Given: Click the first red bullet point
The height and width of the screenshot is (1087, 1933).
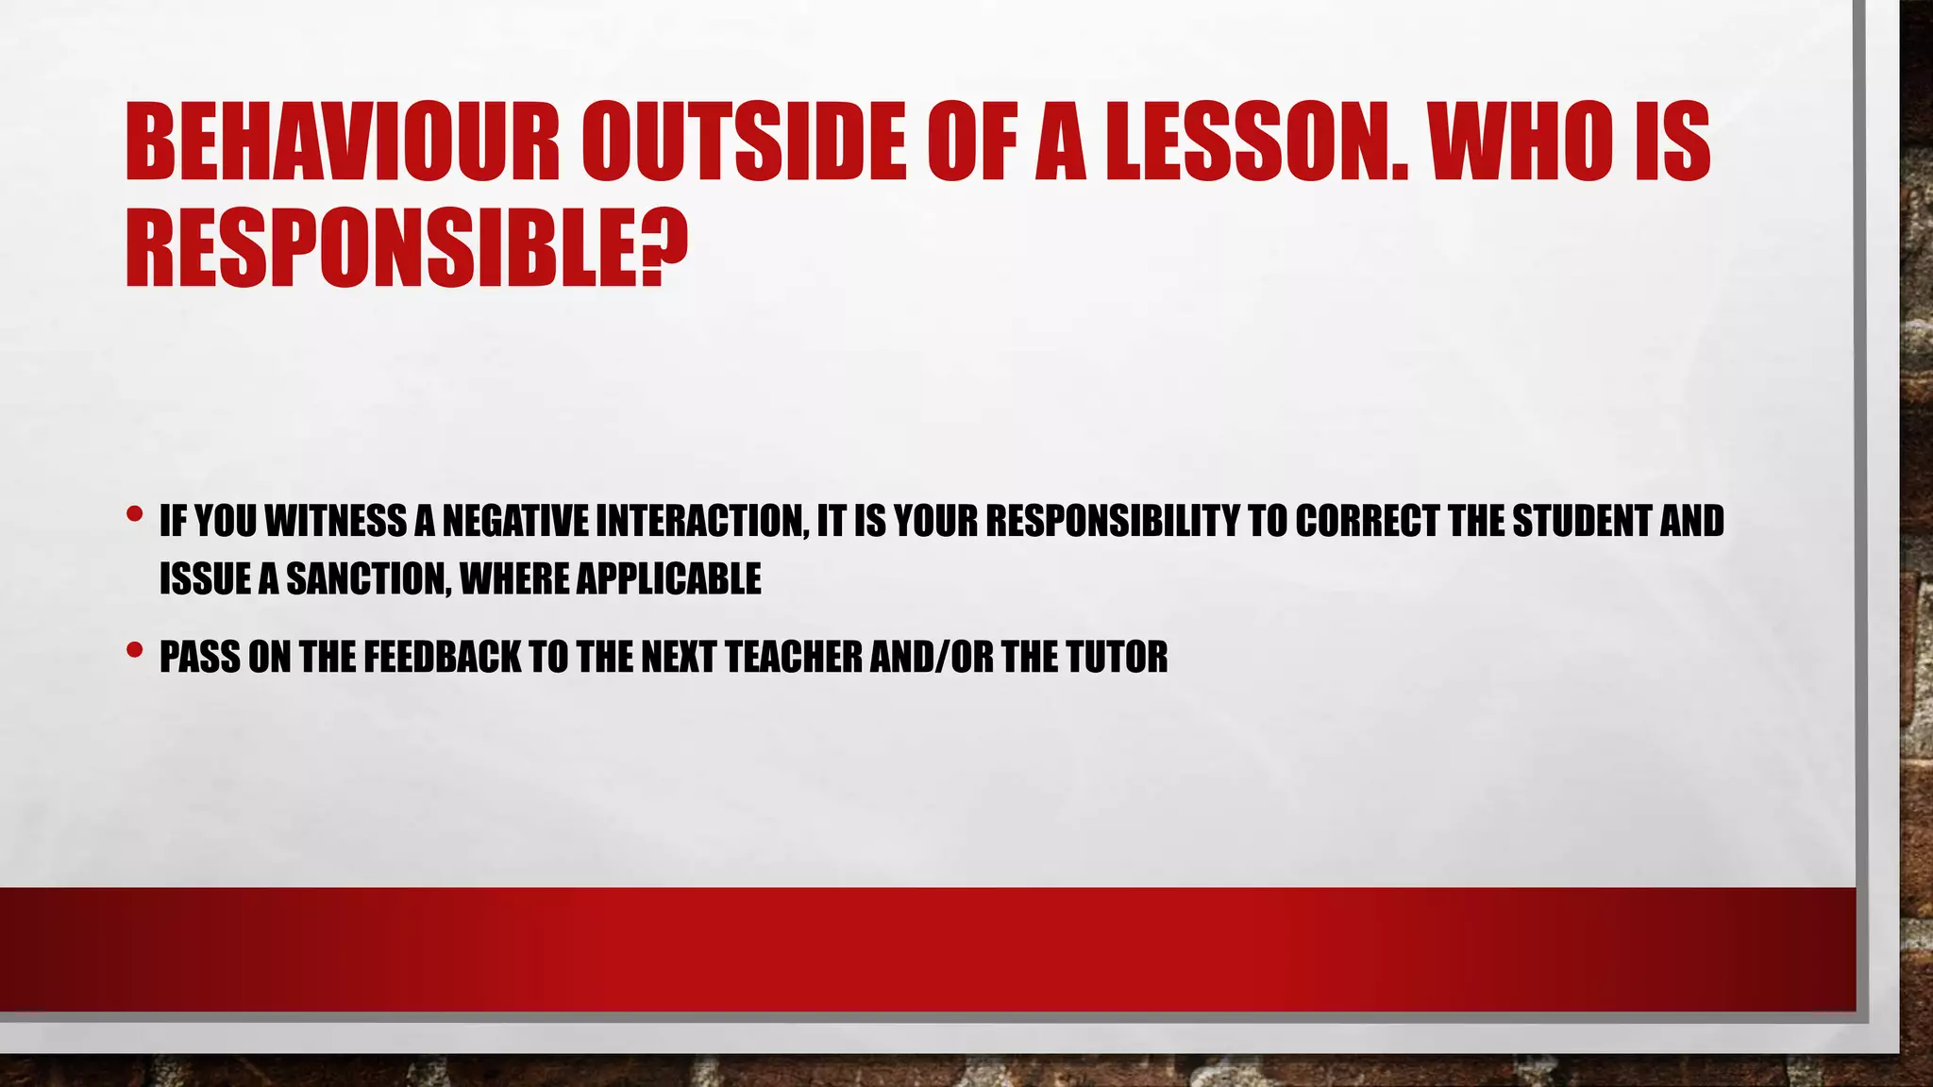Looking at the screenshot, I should coord(134,514).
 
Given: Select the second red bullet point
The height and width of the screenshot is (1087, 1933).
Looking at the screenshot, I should coord(134,649).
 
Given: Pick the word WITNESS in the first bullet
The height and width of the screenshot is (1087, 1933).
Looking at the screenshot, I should coord(336,521).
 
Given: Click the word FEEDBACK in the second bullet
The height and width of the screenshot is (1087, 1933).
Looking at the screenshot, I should coord(442,657).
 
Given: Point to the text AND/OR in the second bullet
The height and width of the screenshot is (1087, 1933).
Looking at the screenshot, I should coord(932,657).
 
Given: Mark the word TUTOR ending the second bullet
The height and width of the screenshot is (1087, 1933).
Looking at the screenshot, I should coord(1117,657).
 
